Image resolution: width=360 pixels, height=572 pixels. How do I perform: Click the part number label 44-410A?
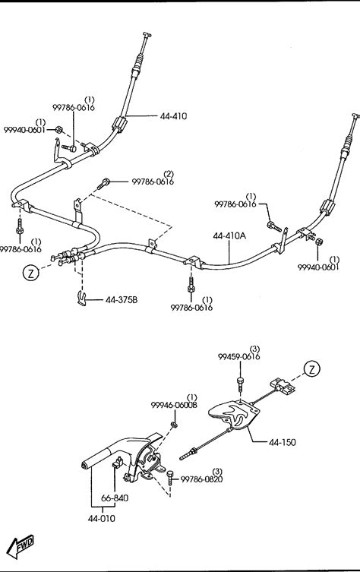[x=229, y=235]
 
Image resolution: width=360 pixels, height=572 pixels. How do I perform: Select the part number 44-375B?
[x=122, y=300]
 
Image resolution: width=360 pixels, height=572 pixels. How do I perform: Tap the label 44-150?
[x=283, y=442]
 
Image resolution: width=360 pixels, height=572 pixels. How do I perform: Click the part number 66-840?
[x=115, y=498]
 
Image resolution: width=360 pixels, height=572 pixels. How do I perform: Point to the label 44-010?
[x=102, y=518]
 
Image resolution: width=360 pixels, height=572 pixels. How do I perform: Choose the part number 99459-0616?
[x=239, y=356]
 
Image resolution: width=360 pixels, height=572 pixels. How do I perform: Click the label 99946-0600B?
[x=174, y=405]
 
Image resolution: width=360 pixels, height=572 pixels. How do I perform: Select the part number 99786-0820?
[x=201, y=479]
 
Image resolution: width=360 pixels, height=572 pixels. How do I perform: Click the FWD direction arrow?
[x=21, y=546]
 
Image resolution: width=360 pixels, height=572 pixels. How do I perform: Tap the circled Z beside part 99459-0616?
[x=312, y=369]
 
